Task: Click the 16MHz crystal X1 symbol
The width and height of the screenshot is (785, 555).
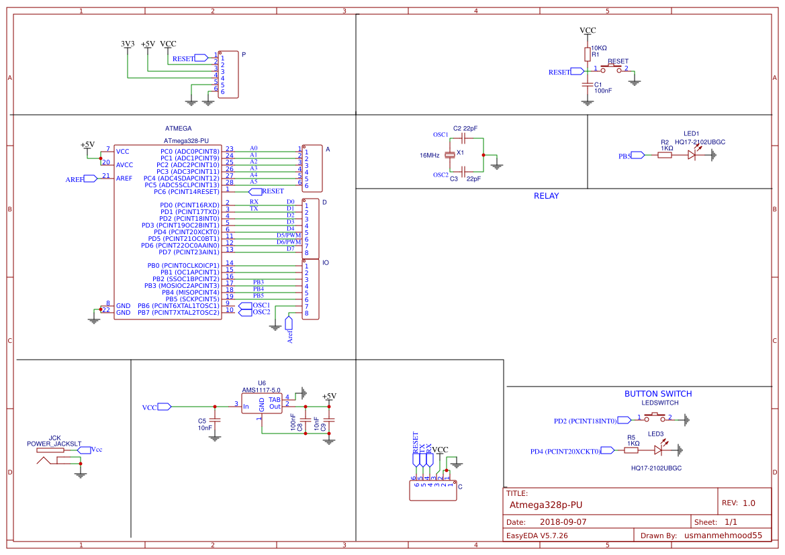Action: click(x=451, y=154)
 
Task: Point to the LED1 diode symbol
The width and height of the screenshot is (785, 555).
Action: click(x=692, y=155)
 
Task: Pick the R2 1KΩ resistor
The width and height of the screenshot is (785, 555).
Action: click(x=664, y=155)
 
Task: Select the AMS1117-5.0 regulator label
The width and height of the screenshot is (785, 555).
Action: click(x=261, y=390)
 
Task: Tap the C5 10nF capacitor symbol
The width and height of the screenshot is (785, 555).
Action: click(x=215, y=421)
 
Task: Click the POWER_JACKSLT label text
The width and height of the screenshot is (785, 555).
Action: click(x=54, y=444)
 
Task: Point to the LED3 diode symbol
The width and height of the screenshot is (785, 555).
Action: click(x=657, y=451)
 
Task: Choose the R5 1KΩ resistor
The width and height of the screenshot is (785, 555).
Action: click(x=632, y=451)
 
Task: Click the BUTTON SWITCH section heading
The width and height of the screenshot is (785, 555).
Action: click(x=657, y=394)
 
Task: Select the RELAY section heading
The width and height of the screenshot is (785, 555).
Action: click(x=546, y=196)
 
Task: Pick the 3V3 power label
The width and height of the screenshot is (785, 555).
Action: click(x=128, y=44)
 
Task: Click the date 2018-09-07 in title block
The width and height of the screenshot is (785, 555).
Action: click(x=563, y=521)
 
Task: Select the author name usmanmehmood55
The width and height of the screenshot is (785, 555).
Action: click(x=723, y=536)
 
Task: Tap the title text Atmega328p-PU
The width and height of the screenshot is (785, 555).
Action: click(x=545, y=505)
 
